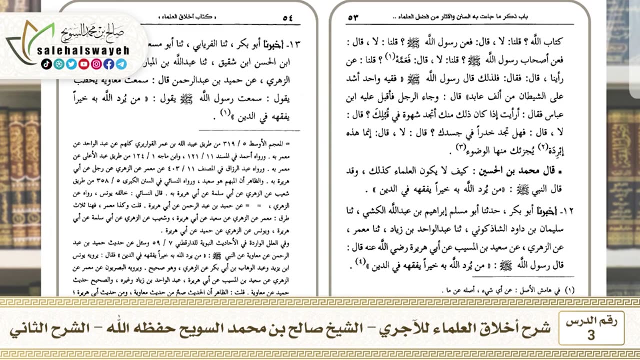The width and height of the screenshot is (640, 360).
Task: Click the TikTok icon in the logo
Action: click(46, 64)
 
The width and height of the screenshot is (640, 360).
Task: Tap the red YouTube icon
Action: click(84, 64)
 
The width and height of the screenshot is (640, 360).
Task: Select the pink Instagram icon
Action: click(96, 64)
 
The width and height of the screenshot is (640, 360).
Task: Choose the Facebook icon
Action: click(109, 64)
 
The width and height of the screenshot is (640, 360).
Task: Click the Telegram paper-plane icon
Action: click(121, 64)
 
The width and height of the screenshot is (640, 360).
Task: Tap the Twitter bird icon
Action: click(71, 64)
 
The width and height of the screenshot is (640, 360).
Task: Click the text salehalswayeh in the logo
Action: click(83, 51)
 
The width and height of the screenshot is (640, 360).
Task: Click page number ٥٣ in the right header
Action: click(353, 17)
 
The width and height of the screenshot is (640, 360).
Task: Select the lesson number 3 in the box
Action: click(591, 335)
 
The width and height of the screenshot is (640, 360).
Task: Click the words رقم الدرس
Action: click(591, 322)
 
